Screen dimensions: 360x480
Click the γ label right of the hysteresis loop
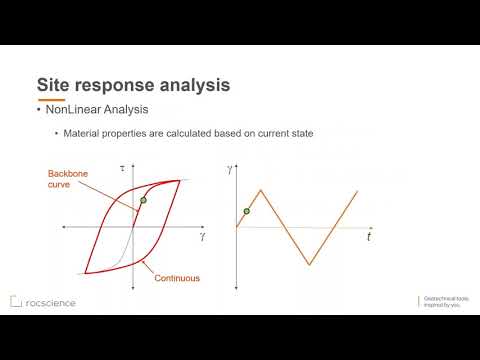(203, 237)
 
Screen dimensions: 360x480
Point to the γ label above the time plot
(229, 172)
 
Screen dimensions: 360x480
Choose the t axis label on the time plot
(368, 238)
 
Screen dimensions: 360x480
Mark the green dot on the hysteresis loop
(143, 201)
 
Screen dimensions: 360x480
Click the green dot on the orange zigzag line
(247, 211)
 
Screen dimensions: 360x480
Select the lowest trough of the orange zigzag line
(310, 265)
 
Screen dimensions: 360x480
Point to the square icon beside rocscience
(15, 301)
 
